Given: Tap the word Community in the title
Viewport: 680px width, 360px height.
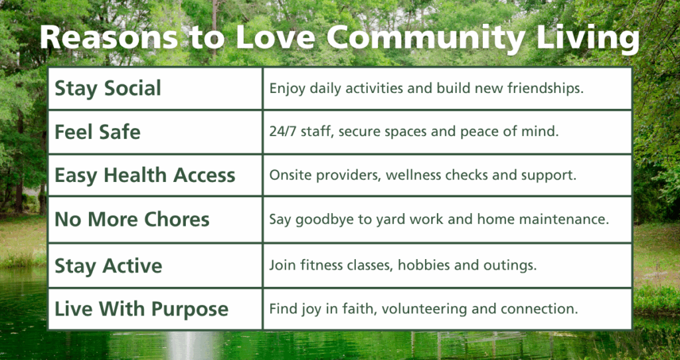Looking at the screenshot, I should pyautogui.click(x=425, y=39).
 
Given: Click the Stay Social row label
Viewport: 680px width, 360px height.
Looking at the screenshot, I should pyautogui.click(x=108, y=88).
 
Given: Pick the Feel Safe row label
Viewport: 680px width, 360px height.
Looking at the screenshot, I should pyautogui.click(x=97, y=132).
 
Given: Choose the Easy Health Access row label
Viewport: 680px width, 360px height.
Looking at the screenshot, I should pyautogui.click(x=145, y=175).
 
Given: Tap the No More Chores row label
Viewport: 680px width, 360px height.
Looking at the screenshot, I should pyautogui.click(x=131, y=219).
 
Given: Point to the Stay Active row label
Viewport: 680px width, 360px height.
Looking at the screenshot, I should pyautogui.click(x=108, y=266).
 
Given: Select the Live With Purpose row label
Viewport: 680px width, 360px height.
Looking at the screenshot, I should pyautogui.click(x=141, y=309).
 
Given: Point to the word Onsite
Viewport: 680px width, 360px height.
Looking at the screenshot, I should pyautogui.click(x=289, y=175).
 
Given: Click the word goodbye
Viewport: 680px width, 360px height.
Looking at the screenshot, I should pyautogui.click(x=318, y=219).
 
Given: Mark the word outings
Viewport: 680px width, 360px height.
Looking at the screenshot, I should pyautogui.click(x=513, y=266).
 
